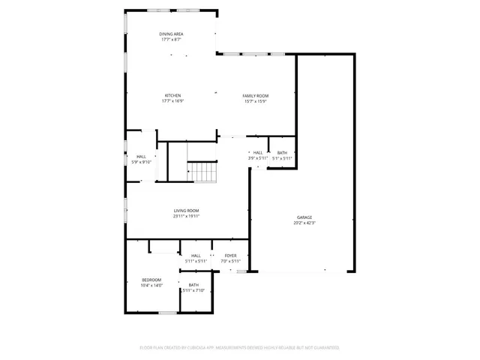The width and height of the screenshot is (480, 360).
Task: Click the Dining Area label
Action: (171, 34)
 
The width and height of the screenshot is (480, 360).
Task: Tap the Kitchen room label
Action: (173, 96)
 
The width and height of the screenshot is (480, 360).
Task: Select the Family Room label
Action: (255, 96)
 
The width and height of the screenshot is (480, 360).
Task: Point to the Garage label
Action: (304, 217)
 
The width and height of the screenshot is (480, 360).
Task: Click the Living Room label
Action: (186, 211)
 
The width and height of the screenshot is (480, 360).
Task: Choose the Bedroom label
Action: (151, 280)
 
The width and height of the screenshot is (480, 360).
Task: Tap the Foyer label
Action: (230, 256)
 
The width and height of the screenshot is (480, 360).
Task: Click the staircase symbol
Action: (202, 172)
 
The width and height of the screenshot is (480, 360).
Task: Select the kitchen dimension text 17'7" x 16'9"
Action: (173, 102)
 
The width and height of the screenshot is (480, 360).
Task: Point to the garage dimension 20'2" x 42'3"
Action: (304, 223)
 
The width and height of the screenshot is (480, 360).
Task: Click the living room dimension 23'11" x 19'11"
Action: (186, 216)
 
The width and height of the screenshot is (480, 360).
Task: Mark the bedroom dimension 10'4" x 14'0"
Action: (151, 286)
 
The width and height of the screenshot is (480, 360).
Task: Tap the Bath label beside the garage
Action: (282, 153)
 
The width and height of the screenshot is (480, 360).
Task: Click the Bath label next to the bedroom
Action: (193, 285)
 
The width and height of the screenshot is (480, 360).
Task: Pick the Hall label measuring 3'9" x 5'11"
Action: (258, 153)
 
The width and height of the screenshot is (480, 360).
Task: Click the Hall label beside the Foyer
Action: (196, 256)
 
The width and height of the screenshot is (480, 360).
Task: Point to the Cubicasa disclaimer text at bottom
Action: (240, 348)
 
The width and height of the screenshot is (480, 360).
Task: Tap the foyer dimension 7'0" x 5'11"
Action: (230, 261)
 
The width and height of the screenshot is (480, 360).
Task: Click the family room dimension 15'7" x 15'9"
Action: (255, 102)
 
